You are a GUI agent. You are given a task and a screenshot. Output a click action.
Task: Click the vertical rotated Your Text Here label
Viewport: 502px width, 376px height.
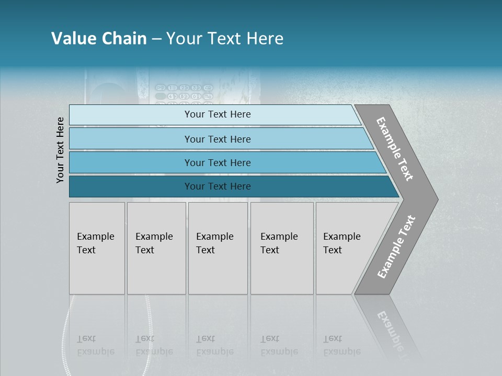tap(60, 150)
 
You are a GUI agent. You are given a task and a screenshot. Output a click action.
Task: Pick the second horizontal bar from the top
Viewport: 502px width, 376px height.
tap(217, 139)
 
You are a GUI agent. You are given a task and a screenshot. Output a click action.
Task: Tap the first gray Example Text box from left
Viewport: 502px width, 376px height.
tap(97, 248)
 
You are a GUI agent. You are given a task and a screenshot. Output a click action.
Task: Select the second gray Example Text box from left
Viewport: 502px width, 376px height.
tap(156, 248)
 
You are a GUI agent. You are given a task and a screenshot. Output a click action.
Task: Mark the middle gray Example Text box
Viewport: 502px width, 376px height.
tap(218, 248)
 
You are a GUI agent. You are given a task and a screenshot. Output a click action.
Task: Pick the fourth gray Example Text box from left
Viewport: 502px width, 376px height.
tap(282, 248)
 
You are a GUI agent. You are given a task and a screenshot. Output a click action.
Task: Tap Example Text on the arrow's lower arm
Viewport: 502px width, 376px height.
tap(396, 246)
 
